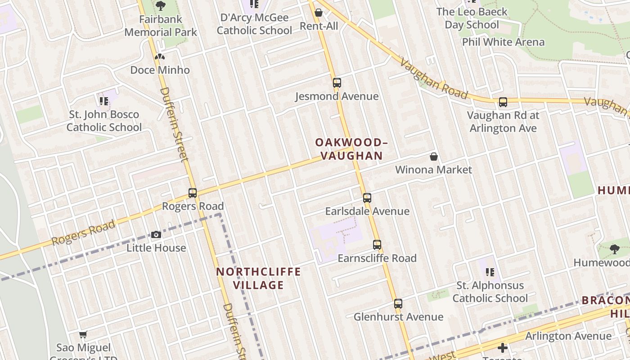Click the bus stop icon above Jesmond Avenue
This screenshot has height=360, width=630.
(337, 83)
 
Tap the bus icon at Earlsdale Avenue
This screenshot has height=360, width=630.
(367, 198)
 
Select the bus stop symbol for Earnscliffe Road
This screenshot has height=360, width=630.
(377, 245)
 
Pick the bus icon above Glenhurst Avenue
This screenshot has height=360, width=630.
(398, 304)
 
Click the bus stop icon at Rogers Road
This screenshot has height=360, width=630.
(193, 193)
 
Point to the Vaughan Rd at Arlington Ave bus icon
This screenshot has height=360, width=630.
(503, 102)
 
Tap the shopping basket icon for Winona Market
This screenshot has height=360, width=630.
(434, 157)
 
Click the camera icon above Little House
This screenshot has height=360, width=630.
(156, 234)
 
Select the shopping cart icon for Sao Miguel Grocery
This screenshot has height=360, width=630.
(83, 334)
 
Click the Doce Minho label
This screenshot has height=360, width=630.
(160, 70)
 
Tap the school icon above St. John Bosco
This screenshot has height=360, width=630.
(104, 101)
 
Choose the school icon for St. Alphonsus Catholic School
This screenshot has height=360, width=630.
(490, 272)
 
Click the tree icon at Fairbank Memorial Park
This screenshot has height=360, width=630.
(161, 6)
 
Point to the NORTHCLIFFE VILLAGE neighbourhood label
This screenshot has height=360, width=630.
(258, 279)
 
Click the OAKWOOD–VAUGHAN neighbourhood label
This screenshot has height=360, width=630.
(351, 149)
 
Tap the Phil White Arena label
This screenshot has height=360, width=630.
(503, 42)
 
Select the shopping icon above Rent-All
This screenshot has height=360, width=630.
(319, 13)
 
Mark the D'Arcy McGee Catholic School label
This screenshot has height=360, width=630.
(254, 24)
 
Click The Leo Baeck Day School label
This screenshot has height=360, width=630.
(472, 18)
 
